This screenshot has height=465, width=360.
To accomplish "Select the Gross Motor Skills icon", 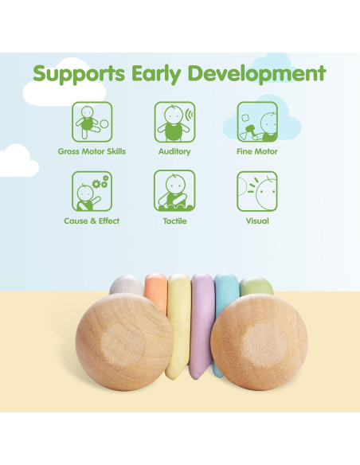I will (92, 122).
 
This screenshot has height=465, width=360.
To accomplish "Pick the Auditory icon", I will (174, 122).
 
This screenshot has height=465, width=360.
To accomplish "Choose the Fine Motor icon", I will (256, 122).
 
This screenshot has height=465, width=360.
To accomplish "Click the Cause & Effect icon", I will (92, 191).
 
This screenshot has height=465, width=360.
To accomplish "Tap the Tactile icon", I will (174, 191).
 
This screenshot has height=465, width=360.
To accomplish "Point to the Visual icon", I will (256, 191).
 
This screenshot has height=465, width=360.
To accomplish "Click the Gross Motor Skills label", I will (92, 151).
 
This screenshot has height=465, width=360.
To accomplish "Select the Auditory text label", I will (174, 151).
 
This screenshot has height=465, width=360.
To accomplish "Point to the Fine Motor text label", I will (256, 151).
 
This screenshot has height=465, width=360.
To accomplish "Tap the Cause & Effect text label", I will (92, 221).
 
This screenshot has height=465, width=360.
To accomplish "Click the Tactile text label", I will (174, 221).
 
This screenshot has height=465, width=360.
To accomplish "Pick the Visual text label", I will (256, 221).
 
